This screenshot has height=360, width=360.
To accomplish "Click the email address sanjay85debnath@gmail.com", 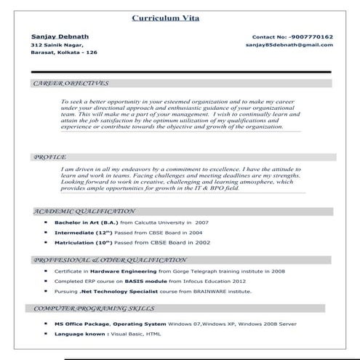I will point(290,45).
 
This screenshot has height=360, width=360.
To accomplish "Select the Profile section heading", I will point(50,156).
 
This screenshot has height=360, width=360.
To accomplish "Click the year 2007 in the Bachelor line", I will point(201,222).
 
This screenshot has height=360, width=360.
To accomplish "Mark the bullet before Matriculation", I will point(46,242).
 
